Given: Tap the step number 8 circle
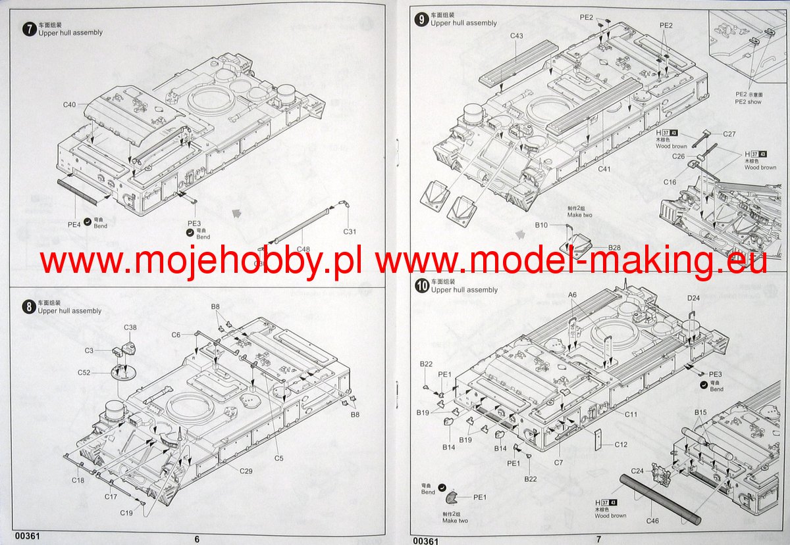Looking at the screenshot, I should pyautogui.click(x=28, y=306).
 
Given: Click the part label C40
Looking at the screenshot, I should pyautogui.click(x=70, y=105).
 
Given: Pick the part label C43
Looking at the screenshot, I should pyautogui.click(x=516, y=36).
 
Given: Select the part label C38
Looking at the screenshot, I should pyautogui.click(x=130, y=327).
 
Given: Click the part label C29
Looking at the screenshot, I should pyautogui.click(x=246, y=471).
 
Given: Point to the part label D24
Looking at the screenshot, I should pyautogui.click(x=693, y=298).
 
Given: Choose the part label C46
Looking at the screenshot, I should pyautogui.click(x=652, y=521).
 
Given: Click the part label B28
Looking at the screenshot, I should pyautogui.click(x=614, y=247).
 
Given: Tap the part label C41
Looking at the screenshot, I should pyautogui.click(x=604, y=169).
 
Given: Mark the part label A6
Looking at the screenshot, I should pyautogui.click(x=572, y=295).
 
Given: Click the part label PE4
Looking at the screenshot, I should pyautogui.click(x=74, y=224).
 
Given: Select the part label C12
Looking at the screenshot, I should pyautogui.click(x=621, y=444).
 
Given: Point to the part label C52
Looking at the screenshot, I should pyautogui.click(x=84, y=373).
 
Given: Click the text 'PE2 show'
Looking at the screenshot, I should pyautogui.click(x=748, y=102).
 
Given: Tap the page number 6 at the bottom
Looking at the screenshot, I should pyautogui.click(x=197, y=538).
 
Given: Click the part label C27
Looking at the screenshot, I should pyautogui.click(x=729, y=133).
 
